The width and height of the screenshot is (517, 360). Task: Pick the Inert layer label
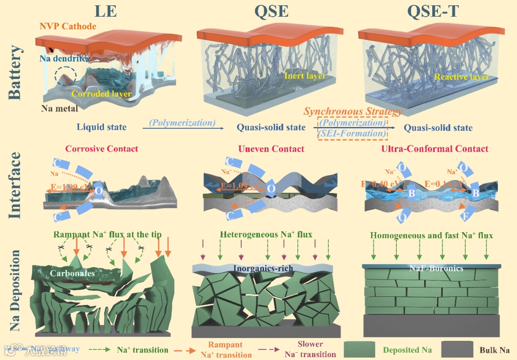click(305, 76)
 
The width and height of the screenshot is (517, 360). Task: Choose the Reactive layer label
click(462, 77)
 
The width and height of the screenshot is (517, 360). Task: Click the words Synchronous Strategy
click(353, 112)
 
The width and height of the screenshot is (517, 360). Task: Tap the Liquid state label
click(101, 127)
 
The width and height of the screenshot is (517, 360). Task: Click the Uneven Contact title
click(271, 148)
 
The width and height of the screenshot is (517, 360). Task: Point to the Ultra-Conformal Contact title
click(435, 148)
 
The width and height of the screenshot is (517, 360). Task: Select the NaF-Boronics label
click(436, 268)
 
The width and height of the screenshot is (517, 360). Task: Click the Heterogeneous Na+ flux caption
click(266, 235)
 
